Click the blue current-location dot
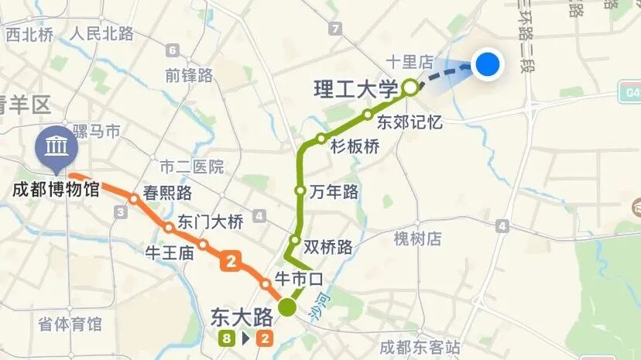point(487,64)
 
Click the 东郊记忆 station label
point(410,122)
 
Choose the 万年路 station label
point(334,192)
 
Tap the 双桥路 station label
point(328,247)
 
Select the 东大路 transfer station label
point(242,317)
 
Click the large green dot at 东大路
point(288,307)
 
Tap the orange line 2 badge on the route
point(229,262)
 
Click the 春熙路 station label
point(167,193)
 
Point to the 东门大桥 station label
point(211,221)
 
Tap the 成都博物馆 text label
point(57,189)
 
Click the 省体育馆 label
point(70,324)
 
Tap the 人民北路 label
point(101,33)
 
